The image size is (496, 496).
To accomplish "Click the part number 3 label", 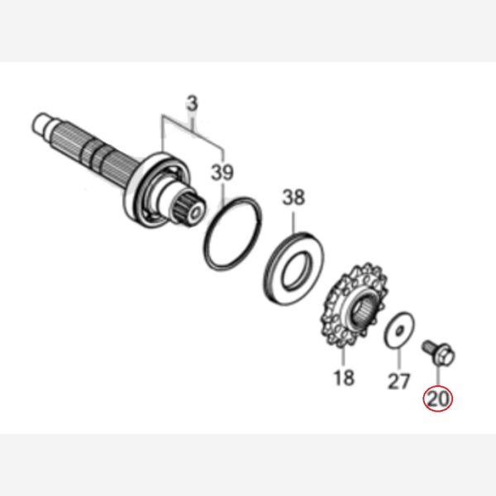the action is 192,104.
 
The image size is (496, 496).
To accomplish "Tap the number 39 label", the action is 222,173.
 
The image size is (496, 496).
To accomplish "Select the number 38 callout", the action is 293,197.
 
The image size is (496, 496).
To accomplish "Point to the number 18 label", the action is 344,378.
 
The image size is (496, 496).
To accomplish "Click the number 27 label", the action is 398,381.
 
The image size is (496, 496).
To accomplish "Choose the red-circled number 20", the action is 438,398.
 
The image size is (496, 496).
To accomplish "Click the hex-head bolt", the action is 439,351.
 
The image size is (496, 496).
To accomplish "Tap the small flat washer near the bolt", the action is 399,330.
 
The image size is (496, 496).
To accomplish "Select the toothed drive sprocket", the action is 355,305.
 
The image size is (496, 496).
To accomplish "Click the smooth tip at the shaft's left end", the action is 41,122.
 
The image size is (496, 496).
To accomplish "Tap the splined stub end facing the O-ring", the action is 189,209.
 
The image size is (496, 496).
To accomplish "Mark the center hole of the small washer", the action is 399,330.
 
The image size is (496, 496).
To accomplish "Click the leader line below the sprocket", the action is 344,357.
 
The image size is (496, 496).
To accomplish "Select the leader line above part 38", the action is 293,223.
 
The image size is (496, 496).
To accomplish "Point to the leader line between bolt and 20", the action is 438,374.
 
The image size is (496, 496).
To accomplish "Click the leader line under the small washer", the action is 398,359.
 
